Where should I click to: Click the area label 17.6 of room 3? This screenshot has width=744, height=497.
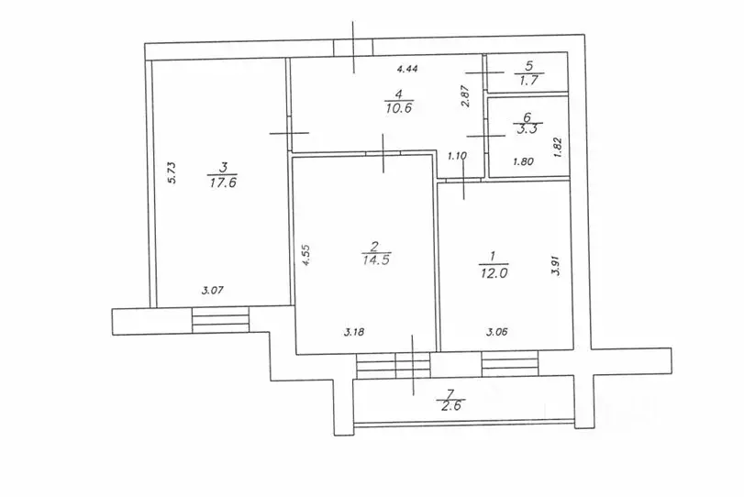pyautogui.click(x=223, y=182)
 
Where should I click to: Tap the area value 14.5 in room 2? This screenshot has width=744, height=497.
pyautogui.click(x=376, y=260)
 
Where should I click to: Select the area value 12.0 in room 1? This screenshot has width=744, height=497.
pyautogui.click(x=494, y=273)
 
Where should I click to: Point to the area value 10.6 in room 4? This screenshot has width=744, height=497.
pyautogui.click(x=399, y=108)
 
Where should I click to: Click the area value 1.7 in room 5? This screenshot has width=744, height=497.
pyautogui.click(x=528, y=80)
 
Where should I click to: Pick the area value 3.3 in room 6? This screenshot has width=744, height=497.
pyautogui.click(x=527, y=129)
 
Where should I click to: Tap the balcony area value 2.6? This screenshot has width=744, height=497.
pyautogui.click(x=450, y=405)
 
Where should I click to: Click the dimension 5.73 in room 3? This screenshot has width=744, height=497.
pyautogui.click(x=172, y=172)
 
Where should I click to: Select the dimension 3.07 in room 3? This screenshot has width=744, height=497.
pyautogui.click(x=212, y=291)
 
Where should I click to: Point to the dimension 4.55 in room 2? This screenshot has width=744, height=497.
pyautogui.click(x=306, y=255)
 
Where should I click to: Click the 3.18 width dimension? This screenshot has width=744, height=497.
pyautogui.click(x=354, y=332)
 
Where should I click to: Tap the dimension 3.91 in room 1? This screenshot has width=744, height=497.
pyautogui.click(x=557, y=266)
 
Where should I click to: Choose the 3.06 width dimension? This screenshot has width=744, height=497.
pyautogui.click(x=496, y=332)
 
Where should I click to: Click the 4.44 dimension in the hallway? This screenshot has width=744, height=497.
pyautogui.click(x=407, y=69)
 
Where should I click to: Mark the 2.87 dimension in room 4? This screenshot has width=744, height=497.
pyautogui.click(x=465, y=95)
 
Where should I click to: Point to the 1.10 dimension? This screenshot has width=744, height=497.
pyautogui.click(x=458, y=155)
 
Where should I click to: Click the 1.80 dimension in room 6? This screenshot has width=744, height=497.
pyautogui.click(x=523, y=161)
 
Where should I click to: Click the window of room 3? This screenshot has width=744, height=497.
pyautogui.click(x=221, y=321)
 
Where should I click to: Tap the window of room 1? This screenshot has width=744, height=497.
pyautogui.click(x=511, y=364)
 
